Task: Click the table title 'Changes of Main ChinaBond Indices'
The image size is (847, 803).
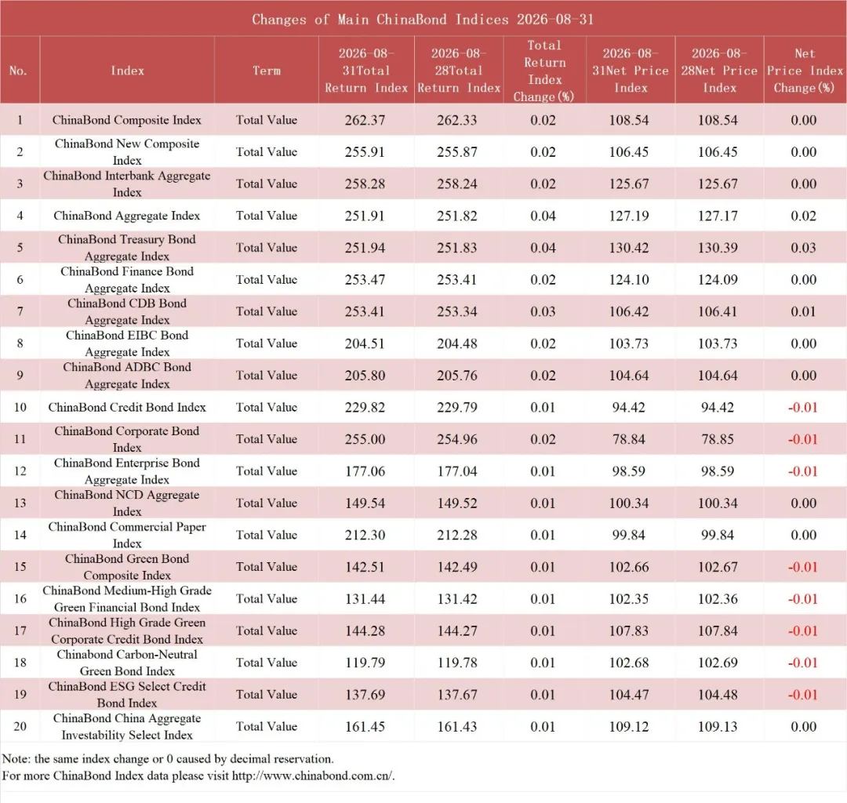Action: tap(380, 20)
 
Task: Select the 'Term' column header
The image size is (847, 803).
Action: tap(267, 71)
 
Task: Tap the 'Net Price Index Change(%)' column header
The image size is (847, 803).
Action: tap(805, 71)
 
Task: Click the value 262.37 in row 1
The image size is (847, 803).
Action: tap(365, 120)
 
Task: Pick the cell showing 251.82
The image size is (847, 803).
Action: tap(457, 216)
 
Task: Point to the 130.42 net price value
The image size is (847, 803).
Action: tap(629, 247)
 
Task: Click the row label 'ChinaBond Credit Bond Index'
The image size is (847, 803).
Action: tap(127, 407)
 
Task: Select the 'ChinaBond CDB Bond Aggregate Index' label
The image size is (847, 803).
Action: tap(127, 311)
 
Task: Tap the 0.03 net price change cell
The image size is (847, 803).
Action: tap(803, 247)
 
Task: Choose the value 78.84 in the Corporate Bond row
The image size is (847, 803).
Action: tap(629, 439)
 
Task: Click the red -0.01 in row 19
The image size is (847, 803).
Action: tap(803, 695)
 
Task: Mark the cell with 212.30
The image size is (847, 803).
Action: tap(365, 535)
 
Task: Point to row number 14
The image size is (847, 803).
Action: tap(20, 535)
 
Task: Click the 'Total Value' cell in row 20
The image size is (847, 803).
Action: tap(267, 726)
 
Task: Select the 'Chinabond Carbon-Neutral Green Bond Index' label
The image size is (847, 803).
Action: tap(127, 663)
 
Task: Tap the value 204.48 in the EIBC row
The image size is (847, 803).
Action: tap(457, 343)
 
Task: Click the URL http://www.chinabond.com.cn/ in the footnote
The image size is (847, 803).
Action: tap(313, 776)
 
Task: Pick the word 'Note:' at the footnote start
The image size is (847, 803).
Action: tap(16, 759)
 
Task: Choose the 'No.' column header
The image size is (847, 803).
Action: tap(18, 71)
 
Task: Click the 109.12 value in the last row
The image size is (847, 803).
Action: tap(629, 726)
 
